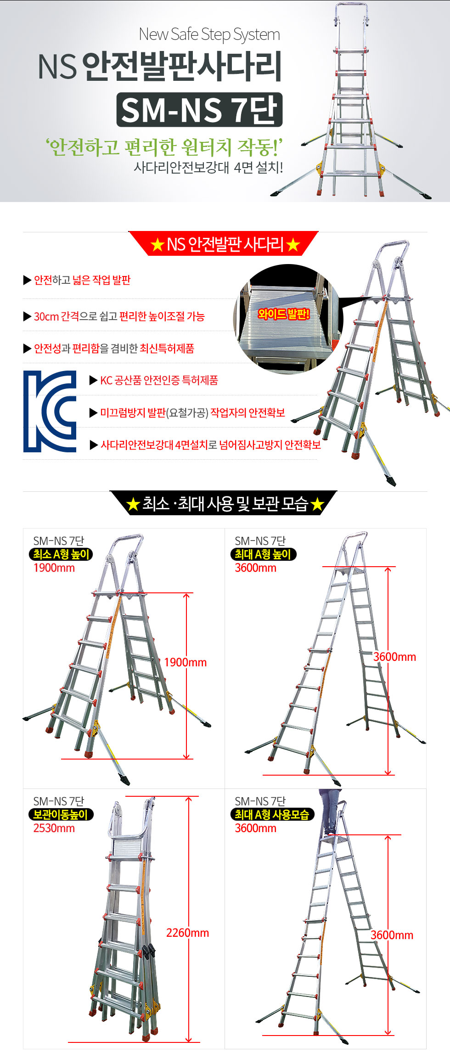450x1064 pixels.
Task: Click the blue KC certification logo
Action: point(50,411)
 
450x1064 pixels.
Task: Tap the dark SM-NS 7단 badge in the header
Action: point(199,110)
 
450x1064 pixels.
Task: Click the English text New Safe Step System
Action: point(209,34)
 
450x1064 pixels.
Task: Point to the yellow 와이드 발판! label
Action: point(284,314)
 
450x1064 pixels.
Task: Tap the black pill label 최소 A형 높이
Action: point(61,554)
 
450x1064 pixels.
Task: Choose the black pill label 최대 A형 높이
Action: point(263,554)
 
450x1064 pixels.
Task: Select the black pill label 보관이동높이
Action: point(61,815)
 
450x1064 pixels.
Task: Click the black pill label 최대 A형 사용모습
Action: point(272,815)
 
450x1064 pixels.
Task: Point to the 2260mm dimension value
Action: point(187,933)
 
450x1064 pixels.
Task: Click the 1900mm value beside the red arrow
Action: point(185,662)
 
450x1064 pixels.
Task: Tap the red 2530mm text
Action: point(54,828)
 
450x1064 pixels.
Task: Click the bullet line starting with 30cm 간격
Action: point(119,316)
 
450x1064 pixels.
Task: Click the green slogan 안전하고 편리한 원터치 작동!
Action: point(163,147)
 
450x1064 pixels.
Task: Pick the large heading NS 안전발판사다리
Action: point(160,66)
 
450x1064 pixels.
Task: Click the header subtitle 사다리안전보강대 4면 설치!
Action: point(208,167)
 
